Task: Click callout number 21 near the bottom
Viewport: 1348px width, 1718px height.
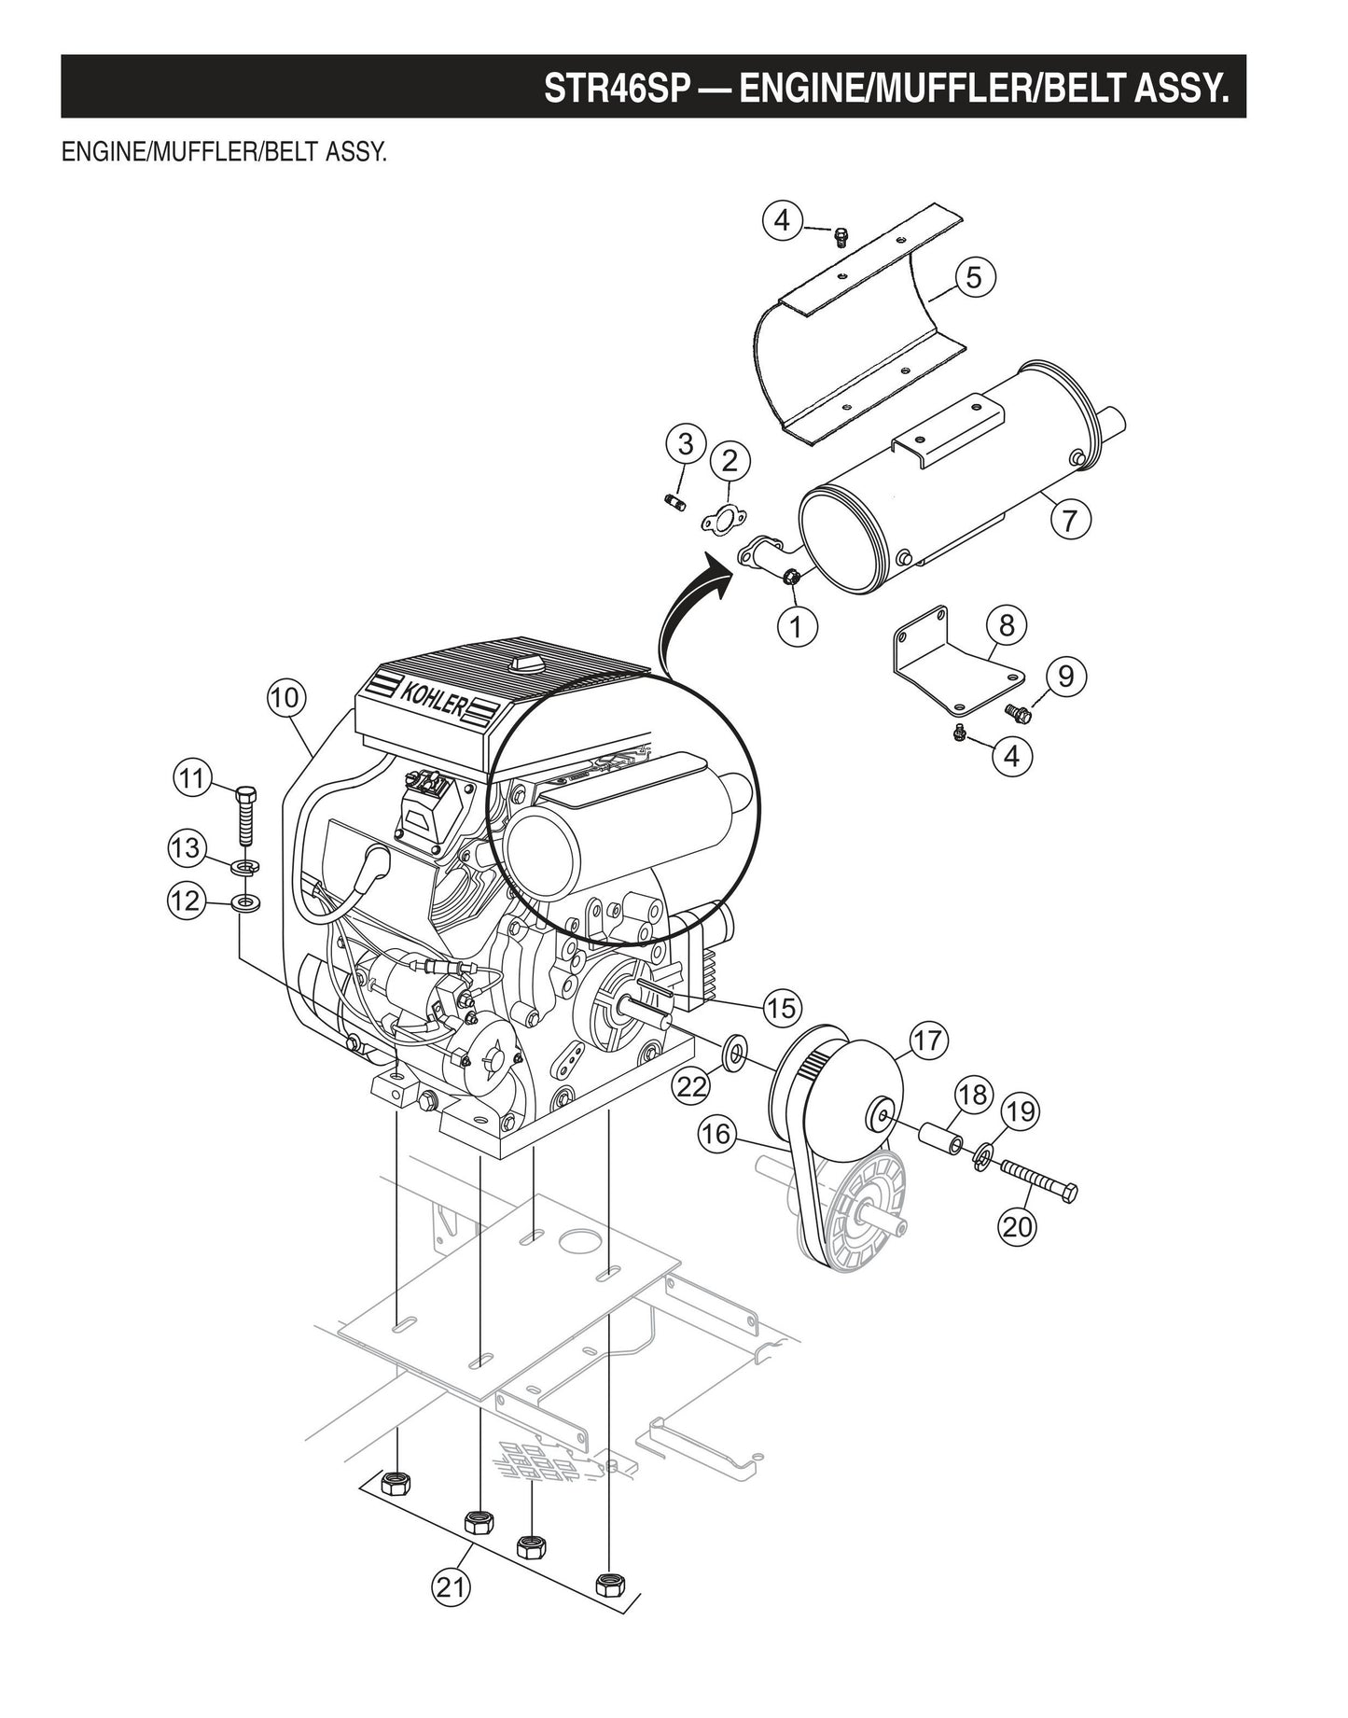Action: [451, 1586]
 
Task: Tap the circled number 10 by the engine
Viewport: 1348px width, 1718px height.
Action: [285, 697]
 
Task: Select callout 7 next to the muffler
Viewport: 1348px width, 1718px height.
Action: [1070, 518]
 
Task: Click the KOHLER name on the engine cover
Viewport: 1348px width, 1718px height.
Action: [431, 697]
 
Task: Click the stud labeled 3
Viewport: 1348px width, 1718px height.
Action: [673, 504]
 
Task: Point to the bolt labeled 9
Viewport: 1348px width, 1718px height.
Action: [1016, 712]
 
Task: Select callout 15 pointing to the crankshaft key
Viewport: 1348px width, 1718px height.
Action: [781, 1007]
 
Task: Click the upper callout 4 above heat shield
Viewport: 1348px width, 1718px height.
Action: [782, 220]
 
